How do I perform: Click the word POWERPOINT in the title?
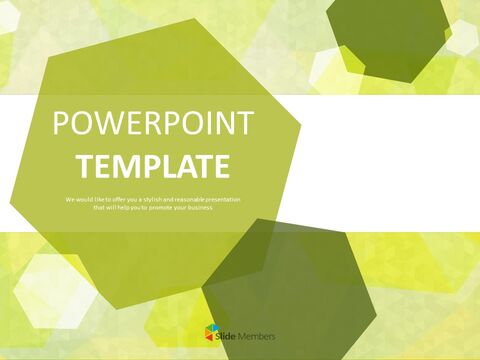[153, 127]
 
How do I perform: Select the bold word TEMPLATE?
[153, 165]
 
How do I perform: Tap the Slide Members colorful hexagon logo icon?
[210, 333]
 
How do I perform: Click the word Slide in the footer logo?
[227, 335]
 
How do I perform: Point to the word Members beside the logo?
[257, 335]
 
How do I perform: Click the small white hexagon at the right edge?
[462, 37]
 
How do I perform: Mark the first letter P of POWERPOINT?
[59, 127]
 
